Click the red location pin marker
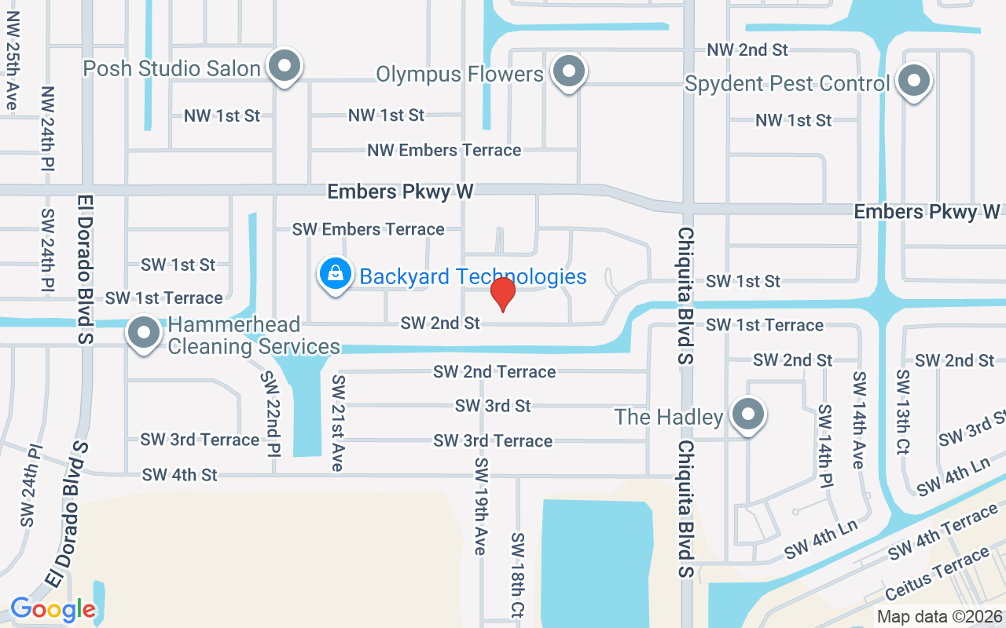[x=503, y=294]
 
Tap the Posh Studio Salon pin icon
[x=285, y=68]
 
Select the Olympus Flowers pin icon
[x=568, y=72]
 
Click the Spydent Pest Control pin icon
[x=913, y=81]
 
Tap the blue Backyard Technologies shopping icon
[x=336, y=275]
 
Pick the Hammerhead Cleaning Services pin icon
[x=144, y=334]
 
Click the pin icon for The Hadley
[x=747, y=414]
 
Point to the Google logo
[x=53, y=608]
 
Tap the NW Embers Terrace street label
[x=444, y=150]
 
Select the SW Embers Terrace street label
[x=368, y=229]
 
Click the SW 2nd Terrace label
[x=494, y=371]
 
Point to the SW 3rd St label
[x=493, y=406]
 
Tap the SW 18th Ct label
[x=518, y=575]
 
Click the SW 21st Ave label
[x=338, y=422]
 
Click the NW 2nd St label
[x=747, y=50]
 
